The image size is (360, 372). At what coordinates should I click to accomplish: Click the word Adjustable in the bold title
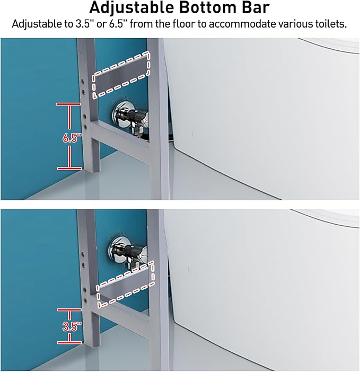coord(131,7)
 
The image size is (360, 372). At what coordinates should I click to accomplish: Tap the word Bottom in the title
coord(208,7)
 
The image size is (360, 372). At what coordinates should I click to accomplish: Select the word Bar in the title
coord(256,7)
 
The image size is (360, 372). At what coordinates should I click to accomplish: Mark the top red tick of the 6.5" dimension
coord(68,104)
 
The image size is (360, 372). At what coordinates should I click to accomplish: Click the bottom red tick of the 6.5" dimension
coord(69,168)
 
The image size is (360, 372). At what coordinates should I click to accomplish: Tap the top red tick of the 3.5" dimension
coord(69,309)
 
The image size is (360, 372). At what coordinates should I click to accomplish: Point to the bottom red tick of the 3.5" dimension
coord(69,342)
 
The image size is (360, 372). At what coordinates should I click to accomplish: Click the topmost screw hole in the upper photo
coord(84,81)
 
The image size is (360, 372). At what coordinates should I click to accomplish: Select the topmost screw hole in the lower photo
coord(84,254)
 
